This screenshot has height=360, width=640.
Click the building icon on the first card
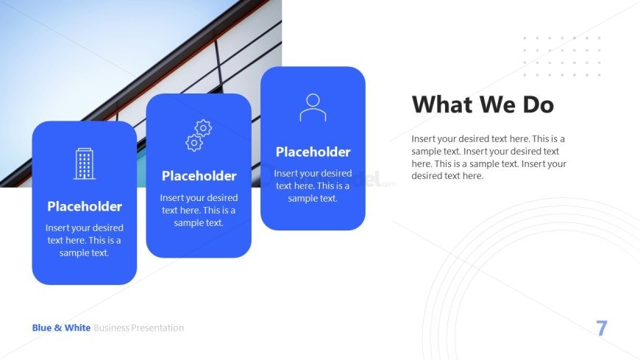(x=85, y=164)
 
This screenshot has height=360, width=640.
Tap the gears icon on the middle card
(x=199, y=135)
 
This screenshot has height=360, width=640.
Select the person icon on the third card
(x=313, y=107)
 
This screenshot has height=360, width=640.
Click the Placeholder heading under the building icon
(x=85, y=206)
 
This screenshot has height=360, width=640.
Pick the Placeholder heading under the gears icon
(x=199, y=176)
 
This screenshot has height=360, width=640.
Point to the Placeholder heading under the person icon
(x=313, y=152)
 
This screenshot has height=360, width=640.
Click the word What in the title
(x=442, y=105)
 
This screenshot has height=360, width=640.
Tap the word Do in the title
(x=538, y=105)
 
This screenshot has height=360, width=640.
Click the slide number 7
(x=602, y=328)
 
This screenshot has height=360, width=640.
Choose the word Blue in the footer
(x=42, y=328)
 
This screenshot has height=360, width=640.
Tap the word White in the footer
(x=77, y=328)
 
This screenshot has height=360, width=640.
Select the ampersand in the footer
(x=58, y=328)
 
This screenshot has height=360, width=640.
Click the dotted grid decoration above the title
(x=562, y=57)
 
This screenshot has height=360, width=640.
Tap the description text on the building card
(x=85, y=240)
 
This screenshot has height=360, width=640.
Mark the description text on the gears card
(x=199, y=210)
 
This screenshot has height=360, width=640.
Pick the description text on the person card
(x=313, y=186)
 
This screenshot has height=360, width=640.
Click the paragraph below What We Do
(x=489, y=158)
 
